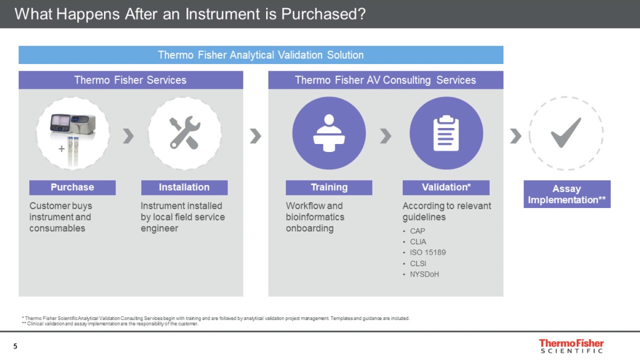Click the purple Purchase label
tap(72, 187)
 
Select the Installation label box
tap(184, 187)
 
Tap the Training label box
tap(329, 187)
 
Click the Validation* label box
tap(446, 187)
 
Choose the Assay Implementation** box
tap(567, 194)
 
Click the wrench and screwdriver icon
tap(184, 133)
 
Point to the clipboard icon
tap(446, 133)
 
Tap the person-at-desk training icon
tap(329, 133)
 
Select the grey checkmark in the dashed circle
tap(566, 132)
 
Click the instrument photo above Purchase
tap(72, 132)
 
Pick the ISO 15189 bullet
tap(427, 252)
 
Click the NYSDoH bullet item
tap(424, 274)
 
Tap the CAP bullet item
tap(417, 231)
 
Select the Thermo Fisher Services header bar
tap(130, 80)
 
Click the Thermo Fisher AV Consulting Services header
tap(385, 80)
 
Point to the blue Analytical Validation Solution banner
tap(260, 55)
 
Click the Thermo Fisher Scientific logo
tap(571, 346)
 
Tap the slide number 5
tap(15, 346)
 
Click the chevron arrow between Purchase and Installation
tap(128, 135)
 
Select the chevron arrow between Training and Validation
tap(385, 135)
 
